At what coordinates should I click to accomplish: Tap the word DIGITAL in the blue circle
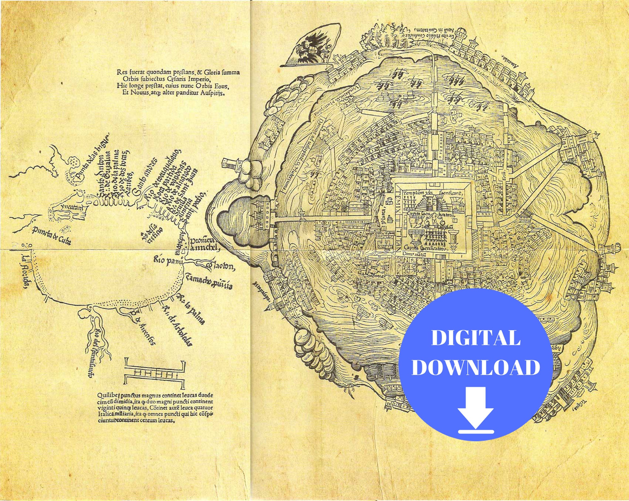[476, 338]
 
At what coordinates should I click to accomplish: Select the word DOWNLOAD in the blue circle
[476, 367]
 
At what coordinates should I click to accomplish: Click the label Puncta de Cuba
[52, 235]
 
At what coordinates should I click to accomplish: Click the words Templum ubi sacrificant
[432, 193]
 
